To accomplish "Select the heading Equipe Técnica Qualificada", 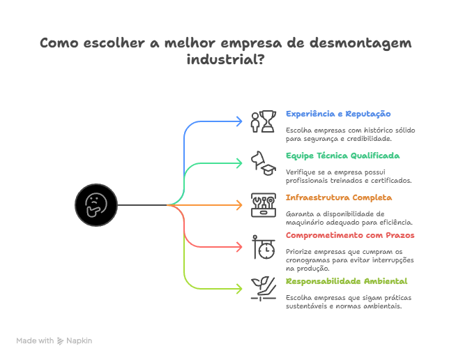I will click(342, 156).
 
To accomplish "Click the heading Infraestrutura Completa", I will click(339, 197).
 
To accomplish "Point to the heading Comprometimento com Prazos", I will click(350, 235).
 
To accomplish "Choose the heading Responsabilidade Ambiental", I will click(347, 281).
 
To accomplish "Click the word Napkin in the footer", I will click(79, 340).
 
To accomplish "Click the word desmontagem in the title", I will click(360, 43).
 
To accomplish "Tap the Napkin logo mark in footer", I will click(61, 341).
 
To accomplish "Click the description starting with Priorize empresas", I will click(344, 259).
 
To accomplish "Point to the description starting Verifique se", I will click(349, 176).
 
